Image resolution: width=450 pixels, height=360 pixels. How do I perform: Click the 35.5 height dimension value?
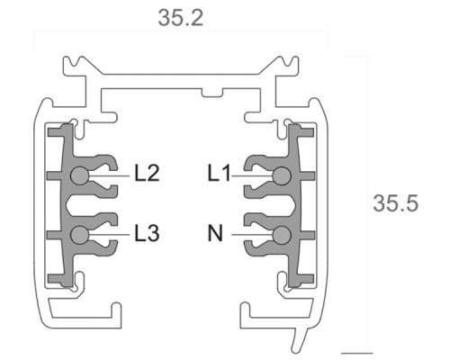[x=396, y=203]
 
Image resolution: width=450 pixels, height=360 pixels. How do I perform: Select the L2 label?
[x=146, y=173]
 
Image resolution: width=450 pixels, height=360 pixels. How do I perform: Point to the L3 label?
[x=147, y=233]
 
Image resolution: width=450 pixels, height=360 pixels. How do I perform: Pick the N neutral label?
[x=216, y=233]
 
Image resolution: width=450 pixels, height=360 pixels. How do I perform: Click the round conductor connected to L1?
[x=282, y=176]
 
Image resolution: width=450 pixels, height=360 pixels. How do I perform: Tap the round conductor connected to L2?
[x=80, y=176]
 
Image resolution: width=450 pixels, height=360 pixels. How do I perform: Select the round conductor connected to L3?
[x=80, y=235]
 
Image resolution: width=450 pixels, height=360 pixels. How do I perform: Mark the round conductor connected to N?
[x=282, y=235]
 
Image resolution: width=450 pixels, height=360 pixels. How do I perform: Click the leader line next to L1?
[x=252, y=176]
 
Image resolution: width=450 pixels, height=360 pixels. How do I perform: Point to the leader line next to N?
[x=250, y=235]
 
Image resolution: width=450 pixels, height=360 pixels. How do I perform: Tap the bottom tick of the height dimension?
[x=356, y=352]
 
